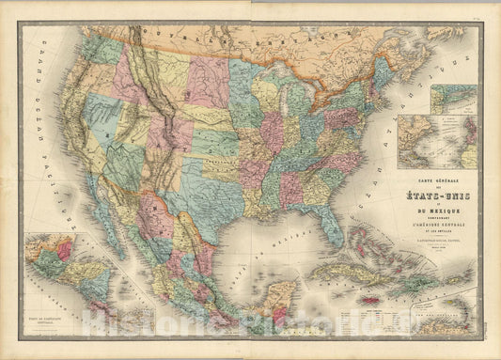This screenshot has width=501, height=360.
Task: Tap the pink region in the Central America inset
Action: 64,251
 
